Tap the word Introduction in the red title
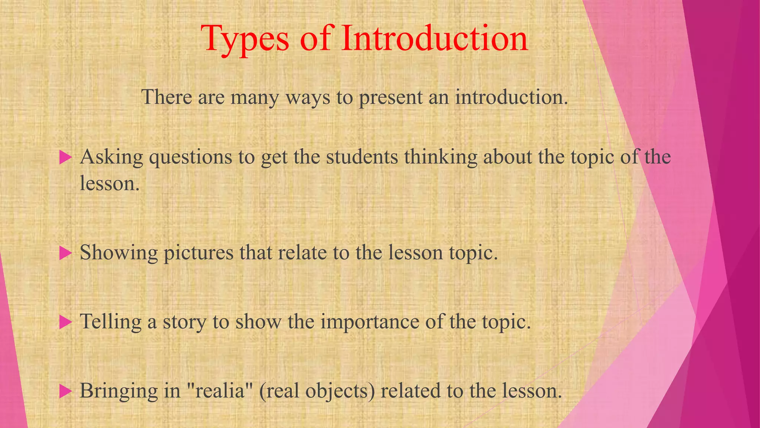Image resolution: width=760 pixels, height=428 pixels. tap(435, 38)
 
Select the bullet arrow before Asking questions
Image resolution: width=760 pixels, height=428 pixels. tap(65, 158)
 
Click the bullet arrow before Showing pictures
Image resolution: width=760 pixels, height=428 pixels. tap(65, 253)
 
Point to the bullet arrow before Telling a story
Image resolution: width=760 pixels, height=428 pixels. tap(65, 322)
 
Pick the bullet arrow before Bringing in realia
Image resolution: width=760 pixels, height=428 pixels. tap(65, 391)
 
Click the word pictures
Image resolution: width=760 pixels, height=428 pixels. tap(199, 253)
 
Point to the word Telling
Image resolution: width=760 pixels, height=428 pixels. tap(111, 322)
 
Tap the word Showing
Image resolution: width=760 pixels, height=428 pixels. tap(119, 253)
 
